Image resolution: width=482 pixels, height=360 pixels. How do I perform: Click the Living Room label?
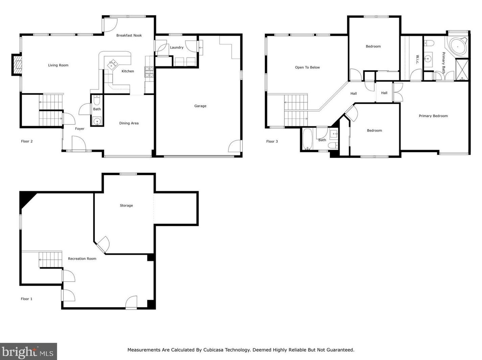(58, 65)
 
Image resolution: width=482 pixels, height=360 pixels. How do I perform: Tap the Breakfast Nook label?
(129, 35)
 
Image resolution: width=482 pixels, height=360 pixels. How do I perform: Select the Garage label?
(200, 106)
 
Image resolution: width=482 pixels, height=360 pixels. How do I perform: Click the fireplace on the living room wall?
(17, 65)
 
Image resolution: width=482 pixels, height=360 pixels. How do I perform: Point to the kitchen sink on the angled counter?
(113, 64)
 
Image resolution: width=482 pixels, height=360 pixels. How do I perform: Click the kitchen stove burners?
(149, 72)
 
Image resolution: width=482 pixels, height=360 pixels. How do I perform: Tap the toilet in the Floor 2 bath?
(97, 100)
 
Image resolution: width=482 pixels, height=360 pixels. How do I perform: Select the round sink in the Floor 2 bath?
(97, 121)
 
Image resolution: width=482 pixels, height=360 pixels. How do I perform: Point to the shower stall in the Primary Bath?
(462, 70)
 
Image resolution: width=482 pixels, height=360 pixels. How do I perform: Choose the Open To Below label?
(307, 67)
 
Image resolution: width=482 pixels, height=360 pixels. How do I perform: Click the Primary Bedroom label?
(433, 116)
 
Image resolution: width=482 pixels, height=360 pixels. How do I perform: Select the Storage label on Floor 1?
(126, 206)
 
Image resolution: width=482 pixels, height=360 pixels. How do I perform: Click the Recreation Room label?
(82, 259)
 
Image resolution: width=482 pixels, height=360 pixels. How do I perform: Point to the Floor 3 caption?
(272, 142)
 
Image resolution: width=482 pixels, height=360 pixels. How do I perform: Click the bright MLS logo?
(28, 352)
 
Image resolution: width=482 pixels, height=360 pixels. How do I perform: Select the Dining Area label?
(129, 123)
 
